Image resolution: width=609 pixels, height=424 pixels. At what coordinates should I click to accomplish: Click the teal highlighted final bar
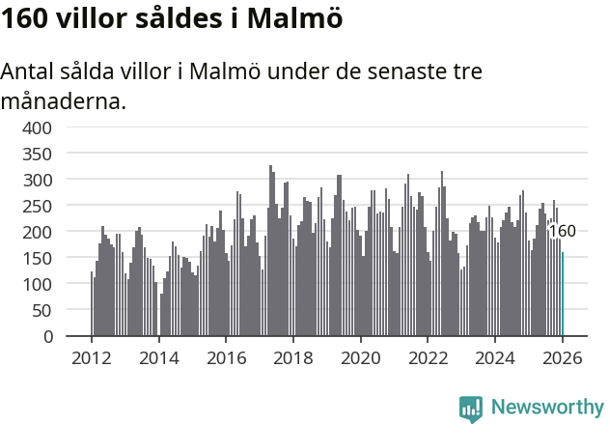[x=563, y=295]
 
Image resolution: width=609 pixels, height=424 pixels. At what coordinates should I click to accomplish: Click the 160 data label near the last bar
[x=562, y=232]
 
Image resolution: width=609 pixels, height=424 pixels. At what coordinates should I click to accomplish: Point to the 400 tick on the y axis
[x=37, y=127]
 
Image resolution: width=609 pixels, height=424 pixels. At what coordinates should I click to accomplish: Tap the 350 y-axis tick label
[x=37, y=154]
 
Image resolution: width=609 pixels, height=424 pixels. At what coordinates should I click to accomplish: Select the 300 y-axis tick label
[x=37, y=180]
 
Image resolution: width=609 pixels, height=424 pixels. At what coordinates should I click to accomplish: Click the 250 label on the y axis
[x=37, y=206]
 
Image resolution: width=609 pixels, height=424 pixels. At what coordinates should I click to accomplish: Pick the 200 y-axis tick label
[x=37, y=232]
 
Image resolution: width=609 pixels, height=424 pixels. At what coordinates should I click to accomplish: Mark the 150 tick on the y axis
[x=37, y=259]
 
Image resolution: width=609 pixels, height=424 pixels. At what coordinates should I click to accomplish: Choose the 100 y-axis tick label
[x=37, y=285]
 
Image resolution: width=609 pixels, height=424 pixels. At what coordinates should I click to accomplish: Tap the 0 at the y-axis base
[x=47, y=337]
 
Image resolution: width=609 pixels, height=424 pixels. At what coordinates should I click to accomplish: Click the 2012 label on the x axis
[x=91, y=357]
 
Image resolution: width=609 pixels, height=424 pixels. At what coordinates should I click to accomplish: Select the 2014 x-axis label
[x=158, y=357]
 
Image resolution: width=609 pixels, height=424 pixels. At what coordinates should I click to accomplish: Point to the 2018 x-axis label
[x=293, y=357]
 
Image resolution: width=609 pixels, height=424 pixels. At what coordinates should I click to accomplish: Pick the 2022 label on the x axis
[x=429, y=357]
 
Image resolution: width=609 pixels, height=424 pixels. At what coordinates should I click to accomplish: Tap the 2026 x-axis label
[x=563, y=357]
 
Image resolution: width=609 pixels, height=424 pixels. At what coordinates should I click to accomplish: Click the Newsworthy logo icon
[x=471, y=409]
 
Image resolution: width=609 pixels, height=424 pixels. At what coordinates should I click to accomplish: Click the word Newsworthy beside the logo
[x=547, y=408]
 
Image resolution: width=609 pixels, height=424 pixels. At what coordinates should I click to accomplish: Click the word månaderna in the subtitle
[x=63, y=100]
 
